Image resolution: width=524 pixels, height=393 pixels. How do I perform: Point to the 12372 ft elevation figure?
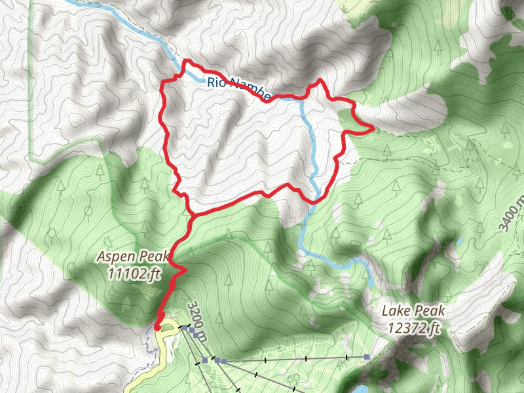tap(412, 327)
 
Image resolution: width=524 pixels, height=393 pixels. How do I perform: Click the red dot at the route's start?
tap(157, 327)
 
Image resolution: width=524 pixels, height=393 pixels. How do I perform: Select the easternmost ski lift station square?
tap(367, 357)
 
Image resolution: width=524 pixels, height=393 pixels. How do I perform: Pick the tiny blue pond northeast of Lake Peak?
tap(460, 243)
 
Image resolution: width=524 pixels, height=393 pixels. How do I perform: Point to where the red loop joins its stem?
tap(191, 215)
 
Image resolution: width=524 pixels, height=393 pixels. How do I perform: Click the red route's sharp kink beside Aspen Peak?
tap(185, 269)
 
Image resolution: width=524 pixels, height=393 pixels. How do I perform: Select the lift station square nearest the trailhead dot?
tap(186, 326)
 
